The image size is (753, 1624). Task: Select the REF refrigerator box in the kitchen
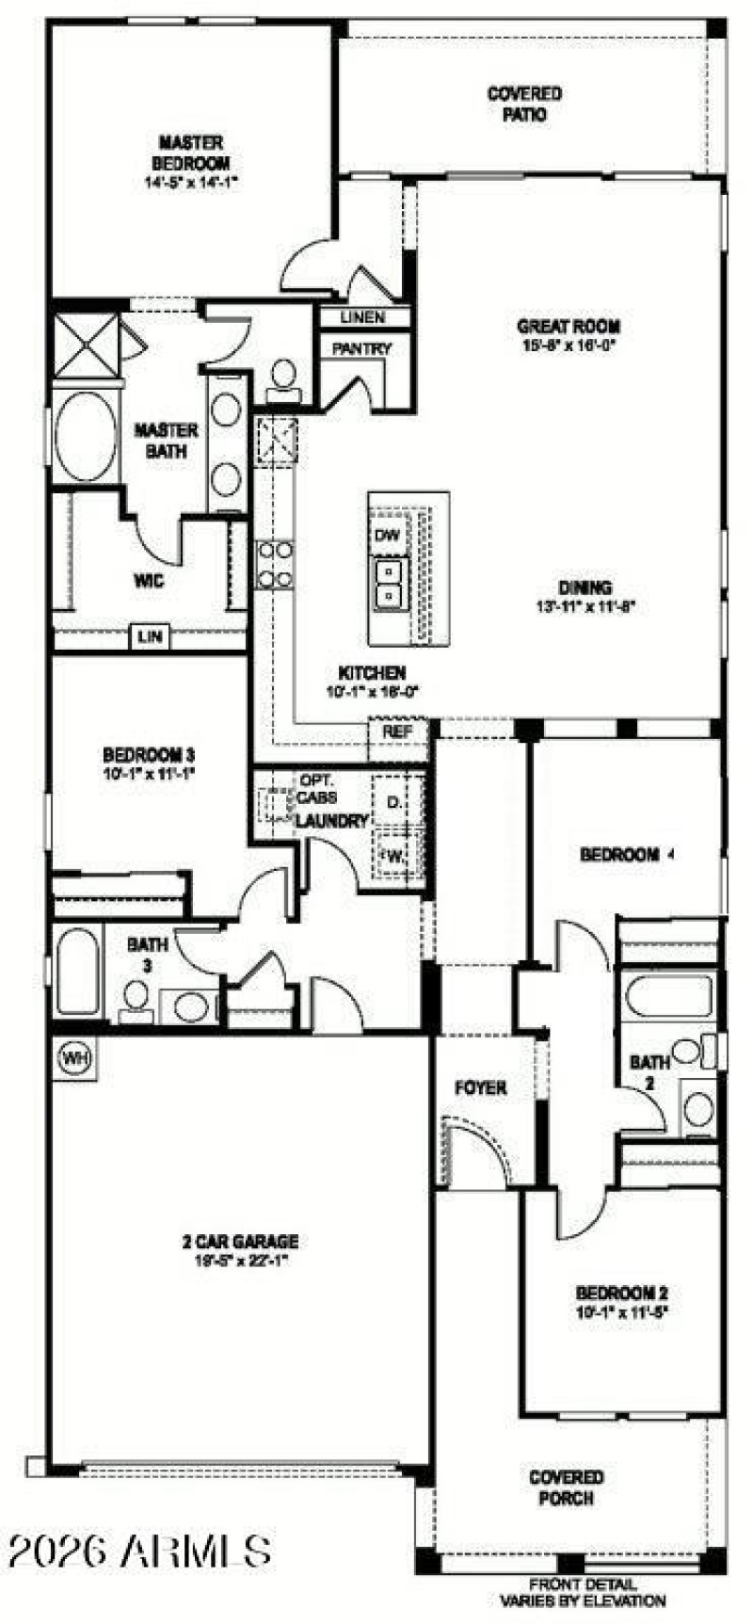(393, 731)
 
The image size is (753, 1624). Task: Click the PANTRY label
(361, 349)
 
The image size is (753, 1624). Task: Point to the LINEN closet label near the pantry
(362, 317)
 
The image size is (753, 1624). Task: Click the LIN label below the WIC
(150, 637)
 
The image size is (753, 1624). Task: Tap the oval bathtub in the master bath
(86, 437)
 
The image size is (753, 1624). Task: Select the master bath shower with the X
(86, 346)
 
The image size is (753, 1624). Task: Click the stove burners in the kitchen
(275, 565)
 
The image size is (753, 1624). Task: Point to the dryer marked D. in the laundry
(393, 802)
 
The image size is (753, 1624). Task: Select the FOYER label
(480, 1088)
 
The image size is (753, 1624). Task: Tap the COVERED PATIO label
(524, 104)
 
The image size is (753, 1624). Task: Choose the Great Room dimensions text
(569, 345)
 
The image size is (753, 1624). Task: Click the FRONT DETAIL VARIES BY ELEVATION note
(583, 1593)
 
